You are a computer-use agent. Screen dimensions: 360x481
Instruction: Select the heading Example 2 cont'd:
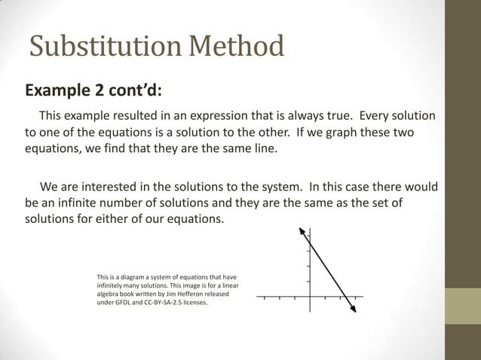click(93, 91)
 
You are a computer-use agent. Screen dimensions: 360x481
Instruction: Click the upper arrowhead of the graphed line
click(302, 230)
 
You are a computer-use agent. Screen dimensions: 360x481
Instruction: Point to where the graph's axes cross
click(309, 297)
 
